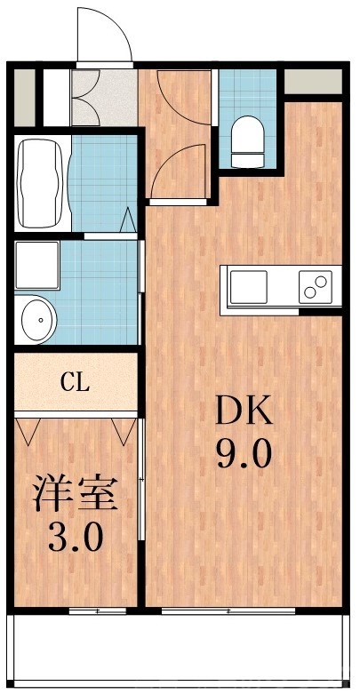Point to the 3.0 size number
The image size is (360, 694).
76,537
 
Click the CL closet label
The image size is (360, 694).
76,383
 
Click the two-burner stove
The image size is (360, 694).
315,287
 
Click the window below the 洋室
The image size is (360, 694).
96,611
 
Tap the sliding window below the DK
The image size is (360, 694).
228,611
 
